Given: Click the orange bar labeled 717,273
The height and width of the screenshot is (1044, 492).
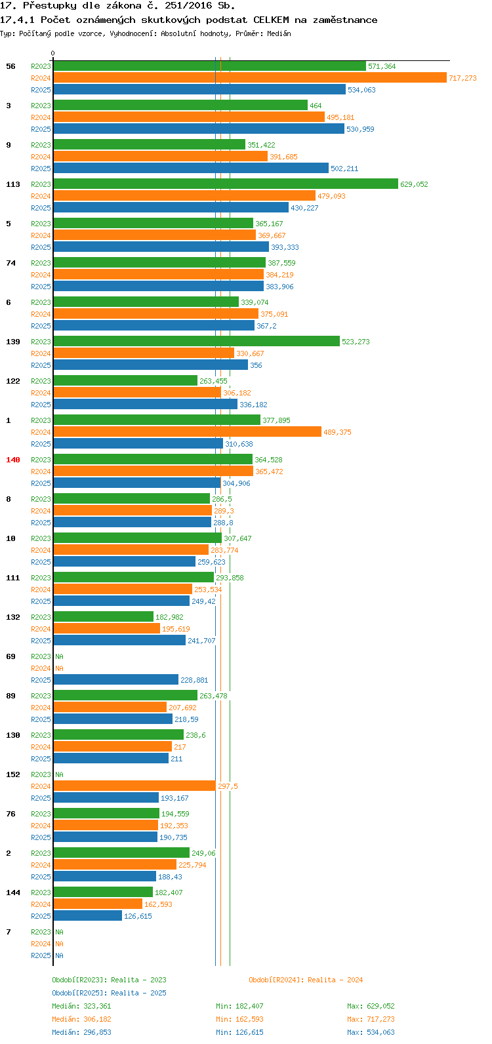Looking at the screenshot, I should click(x=249, y=78).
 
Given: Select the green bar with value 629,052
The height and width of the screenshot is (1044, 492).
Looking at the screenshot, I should click(x=225, y=184).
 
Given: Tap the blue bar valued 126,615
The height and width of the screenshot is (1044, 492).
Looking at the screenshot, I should click(x=87, y=916).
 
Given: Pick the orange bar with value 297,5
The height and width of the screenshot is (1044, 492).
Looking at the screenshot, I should click(x=134, y=786).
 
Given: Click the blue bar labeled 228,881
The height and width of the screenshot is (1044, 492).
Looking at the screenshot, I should click(x=115, y=680).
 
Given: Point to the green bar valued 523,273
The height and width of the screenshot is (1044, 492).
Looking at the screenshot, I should click(x=196, y=342).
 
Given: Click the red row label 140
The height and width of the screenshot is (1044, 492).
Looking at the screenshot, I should click(x=13, y=460).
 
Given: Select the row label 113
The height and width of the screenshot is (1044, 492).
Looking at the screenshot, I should click(x=13, y=184).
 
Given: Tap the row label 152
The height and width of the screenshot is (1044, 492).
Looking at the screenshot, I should click(x=13, y=774).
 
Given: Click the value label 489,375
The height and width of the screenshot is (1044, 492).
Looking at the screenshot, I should click(x=337, y=432).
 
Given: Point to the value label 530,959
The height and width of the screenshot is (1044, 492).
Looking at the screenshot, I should click(x=360, y=129).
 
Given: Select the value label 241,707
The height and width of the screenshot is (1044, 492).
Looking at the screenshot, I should click(x=201, y=641).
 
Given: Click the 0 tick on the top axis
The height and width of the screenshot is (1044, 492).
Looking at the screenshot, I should click(x=53, y=54).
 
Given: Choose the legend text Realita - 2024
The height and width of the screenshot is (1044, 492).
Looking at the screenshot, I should click(x=335, y=980).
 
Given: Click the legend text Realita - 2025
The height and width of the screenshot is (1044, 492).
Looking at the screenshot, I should click(x=138, y=993).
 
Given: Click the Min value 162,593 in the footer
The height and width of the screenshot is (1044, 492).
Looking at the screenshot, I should click(x=249, y=1019).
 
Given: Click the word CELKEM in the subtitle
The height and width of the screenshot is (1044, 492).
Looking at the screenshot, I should click(x=271, y=20).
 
